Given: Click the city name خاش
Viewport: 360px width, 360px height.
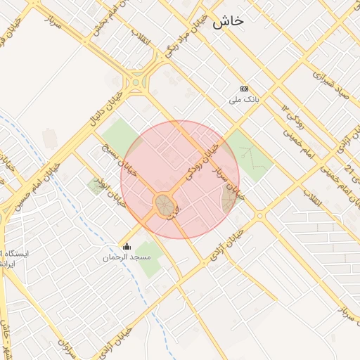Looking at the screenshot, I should click(x=231, y=22).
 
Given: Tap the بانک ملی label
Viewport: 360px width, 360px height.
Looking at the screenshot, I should click(x=244, y=100).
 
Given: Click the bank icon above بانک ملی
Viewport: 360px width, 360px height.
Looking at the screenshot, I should click(x=244, y=89).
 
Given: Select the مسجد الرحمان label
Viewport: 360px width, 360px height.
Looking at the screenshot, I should click(x=127, y=257).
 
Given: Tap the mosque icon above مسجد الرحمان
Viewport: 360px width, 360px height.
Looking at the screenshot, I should click(x=127, y=246).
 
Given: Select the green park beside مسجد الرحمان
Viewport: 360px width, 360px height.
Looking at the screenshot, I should click(x=149, y=250).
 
